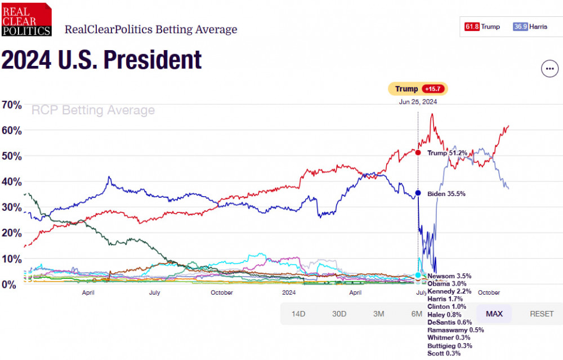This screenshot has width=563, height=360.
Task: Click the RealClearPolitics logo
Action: pyautogui.click(x=26, y=19)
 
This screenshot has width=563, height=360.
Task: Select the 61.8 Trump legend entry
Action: pyautogui.click(x=482, y=26)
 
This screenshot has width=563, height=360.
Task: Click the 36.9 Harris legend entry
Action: pyautogui.click(x=531, y=26)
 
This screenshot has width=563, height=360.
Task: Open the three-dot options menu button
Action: pyautogui.click(x=549, y=69)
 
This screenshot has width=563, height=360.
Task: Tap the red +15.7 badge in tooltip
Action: pyautogui.click(x=434, y=89)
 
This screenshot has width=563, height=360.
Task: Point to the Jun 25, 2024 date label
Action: pyautogui.click(x=418, y=102)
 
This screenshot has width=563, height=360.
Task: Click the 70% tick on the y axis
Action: pyautogui.click(x=12, y=105)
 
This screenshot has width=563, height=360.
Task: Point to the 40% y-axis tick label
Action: pyautogui.click(x=12, y=182)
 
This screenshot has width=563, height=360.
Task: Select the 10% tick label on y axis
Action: pyautogui.click(x=12, y=259)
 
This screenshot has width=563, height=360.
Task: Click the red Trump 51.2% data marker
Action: pyautogui.click(x=418, y=153)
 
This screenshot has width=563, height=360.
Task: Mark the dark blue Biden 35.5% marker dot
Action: pyautogui.click(x=418, y=193)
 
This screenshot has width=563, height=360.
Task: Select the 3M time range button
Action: pyautogui.click(x=378, y=314)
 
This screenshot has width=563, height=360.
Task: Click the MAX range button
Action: pyautogui.click(x=494, y=314)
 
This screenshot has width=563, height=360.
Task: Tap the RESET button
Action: pyautogui.click(x=542, y=314)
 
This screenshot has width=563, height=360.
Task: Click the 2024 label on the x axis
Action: pyautogui.click(x=289, y=293)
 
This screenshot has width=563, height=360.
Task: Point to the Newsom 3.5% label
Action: pyautogui.click(x=449, y=276)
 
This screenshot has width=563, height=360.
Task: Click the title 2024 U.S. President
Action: pyautogui.click(x=102, y=60)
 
